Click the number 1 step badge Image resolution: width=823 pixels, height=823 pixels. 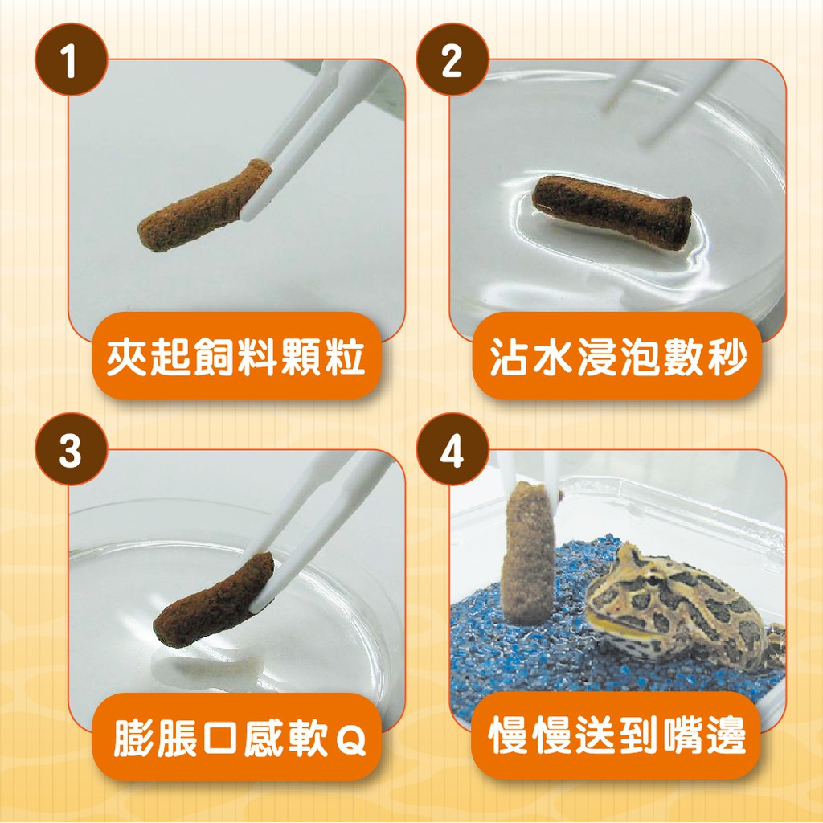click(x=72, y=59)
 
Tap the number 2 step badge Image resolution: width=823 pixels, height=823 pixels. click(x=452, y=59)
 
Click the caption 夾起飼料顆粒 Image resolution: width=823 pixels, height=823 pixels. click(x=235, y=358)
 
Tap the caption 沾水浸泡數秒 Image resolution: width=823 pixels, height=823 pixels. click(x=617, y=358)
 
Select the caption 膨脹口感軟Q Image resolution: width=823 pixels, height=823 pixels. click(x=240, y=737)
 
